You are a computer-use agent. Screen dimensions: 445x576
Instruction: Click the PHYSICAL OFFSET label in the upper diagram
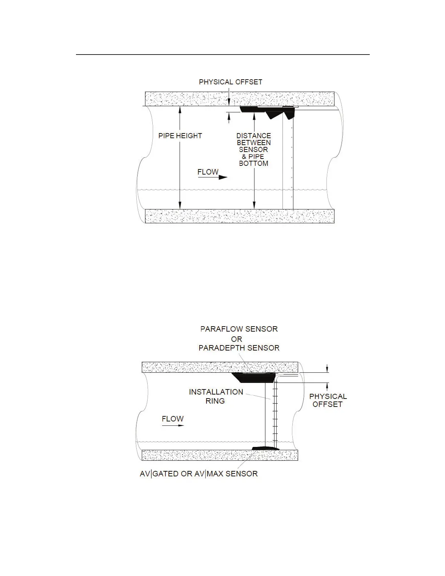click(x=230, y=82)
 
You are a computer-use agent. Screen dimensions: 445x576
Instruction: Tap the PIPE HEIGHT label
click(x=180, y=136)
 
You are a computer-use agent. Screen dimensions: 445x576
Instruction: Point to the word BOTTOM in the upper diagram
click(x=253, y=163)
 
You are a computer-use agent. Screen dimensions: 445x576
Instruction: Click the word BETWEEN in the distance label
click(x=254, y=143)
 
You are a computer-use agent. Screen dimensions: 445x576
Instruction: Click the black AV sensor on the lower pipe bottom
click(x=265, y=448)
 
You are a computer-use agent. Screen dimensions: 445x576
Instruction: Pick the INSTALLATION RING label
click(x=216, y=396)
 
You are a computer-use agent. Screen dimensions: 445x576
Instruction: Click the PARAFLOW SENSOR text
click(x=239, y=329)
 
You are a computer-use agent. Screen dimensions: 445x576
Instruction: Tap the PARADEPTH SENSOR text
click(x=239, y=348)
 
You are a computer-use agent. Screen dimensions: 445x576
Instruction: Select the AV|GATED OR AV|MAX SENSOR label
click(x=199, y=474)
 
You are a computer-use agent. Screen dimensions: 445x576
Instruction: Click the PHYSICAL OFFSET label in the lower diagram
click(x=328, y=400)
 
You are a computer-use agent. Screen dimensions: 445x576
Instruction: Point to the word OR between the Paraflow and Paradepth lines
click(x=237, y=339)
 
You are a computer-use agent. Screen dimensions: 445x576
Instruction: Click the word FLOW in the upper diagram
click(x=208, y=172)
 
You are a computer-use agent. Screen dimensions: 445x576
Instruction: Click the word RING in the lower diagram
click(x=215, y=401)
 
